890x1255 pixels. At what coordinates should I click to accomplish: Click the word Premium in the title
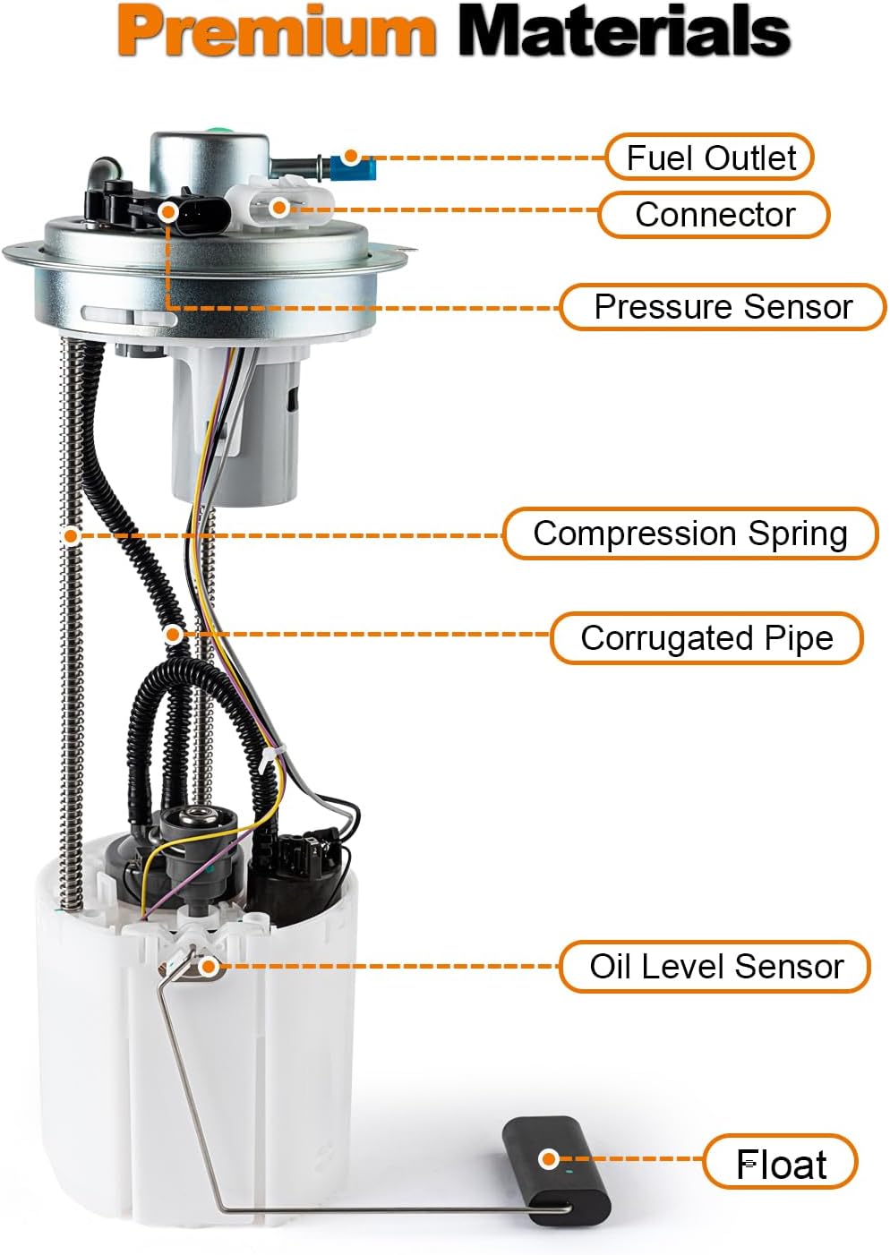tap(277, 32)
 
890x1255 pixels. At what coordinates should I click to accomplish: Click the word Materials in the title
tap(624, 32)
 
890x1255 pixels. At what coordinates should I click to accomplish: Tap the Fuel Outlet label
tap(710, 158)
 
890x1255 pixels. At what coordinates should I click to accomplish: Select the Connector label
tap(714, 215)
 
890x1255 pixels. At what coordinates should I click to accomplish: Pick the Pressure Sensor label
tap(723, 307)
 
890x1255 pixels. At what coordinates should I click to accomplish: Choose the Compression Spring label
tap(689, 534)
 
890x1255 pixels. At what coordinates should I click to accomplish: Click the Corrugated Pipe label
tap(706, 638)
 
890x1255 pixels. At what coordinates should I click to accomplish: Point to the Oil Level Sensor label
tap(715, 967)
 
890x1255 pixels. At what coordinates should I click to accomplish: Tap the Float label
tap(781, 1165)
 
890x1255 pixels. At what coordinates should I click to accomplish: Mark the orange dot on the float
tap(549, 1159)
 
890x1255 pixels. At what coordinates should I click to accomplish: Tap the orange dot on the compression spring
tap(70, 535)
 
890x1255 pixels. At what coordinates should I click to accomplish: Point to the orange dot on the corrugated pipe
tap(173, 635)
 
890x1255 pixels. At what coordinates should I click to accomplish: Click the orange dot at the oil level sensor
tap(208, 966)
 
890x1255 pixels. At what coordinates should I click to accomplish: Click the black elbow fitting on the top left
tap(105, 170)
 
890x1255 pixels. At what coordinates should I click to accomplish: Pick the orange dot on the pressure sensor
tap(167, 210)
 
